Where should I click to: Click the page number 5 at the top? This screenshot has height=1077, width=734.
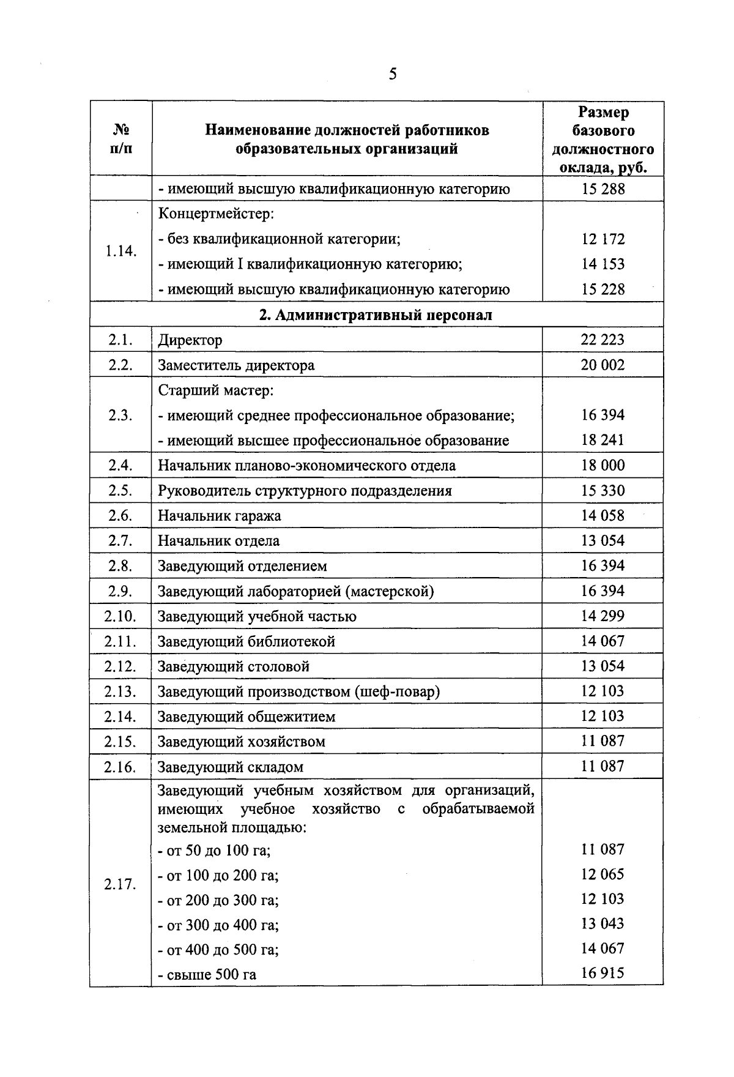tap(392, 75)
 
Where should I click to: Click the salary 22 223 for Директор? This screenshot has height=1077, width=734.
tap(602, 340)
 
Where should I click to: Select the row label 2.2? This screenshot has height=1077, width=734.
tap(120, 365)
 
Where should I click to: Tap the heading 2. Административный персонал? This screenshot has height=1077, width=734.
tap(376, 315)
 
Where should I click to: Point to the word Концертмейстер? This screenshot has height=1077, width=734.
tap(216, 214)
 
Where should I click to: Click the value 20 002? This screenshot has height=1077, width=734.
tap(602, 365)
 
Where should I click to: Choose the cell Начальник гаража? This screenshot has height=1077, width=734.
tap(220, 516)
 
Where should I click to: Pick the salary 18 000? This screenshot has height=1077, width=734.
tap(602, 465)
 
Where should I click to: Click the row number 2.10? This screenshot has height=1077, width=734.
tap(120, 616)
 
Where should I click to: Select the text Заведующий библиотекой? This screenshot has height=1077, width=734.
tap(247, 641)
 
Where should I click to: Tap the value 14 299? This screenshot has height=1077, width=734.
tap(602, 616)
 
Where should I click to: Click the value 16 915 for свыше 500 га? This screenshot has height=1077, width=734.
tap(602, 972)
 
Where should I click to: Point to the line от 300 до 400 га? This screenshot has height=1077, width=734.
tap(218, 925)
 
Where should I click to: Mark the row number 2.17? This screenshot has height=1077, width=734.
tap(120, 884)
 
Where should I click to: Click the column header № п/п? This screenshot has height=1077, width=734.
tap(120, 139)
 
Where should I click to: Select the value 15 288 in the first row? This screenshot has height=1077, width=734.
tap(602, 189)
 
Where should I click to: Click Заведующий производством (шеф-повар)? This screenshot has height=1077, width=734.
tap(298, 691)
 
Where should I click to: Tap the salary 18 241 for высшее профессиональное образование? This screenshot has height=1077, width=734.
tap(602, 440)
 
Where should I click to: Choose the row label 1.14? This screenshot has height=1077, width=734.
tap(120, 251)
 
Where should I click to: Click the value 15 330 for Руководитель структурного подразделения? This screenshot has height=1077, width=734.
tap(602, 490)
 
